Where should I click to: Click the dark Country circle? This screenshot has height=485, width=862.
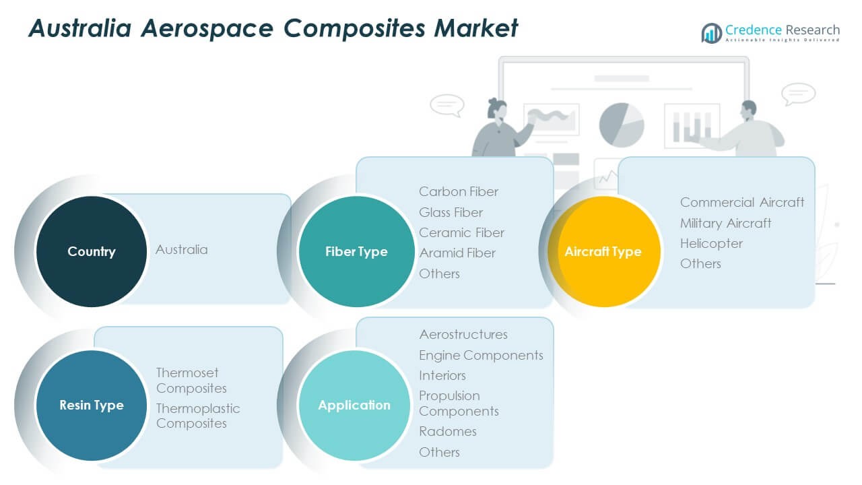[x=91, y=251]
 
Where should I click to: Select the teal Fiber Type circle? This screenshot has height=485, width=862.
[x=356, y=251]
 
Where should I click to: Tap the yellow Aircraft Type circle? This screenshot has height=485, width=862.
[x=603, y=251]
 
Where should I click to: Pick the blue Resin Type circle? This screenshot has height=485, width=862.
[x=91, y=405]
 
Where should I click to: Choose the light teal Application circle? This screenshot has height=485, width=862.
[x=354, y=405]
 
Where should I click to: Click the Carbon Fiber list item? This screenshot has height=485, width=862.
[x=459, y=192]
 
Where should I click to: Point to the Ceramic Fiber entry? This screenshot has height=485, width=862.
[x=461, y=232]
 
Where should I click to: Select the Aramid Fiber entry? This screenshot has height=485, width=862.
[x=457, y=253]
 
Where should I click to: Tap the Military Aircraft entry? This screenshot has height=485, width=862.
[x=725, y=223]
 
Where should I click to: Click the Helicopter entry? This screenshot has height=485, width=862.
[x=711, y=243]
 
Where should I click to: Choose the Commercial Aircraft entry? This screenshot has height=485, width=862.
[x=742, y=202]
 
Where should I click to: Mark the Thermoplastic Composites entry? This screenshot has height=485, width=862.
[x=198, y=416]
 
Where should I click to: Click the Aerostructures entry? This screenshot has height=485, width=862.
[x=463, y=334]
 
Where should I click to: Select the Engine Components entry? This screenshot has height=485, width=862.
[x=481, y=355]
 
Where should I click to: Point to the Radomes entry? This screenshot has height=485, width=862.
[x=448, y=431]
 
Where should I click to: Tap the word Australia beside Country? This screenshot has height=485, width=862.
[x=182, y=249]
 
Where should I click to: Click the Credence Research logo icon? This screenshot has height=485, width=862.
[x=711, y=32]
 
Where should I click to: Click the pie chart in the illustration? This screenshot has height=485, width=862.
[x=621, y=125]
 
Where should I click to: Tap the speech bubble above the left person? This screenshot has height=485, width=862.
[x=446, y=104]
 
